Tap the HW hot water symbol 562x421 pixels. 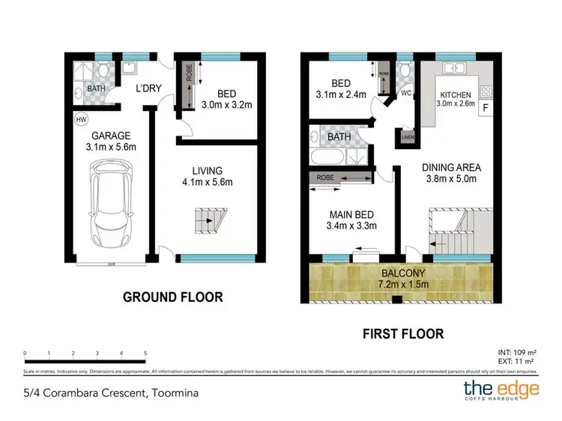coord(80,119)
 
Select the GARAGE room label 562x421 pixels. coord(112,136)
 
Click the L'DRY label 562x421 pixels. coord(148,88)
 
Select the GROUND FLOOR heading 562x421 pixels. coord(172,297)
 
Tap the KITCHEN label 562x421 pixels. coord(455,95)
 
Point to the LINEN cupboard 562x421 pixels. coord(408,137)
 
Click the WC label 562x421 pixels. coord(405,94)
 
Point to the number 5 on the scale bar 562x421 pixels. coord(145,352)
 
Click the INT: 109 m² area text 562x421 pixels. coord(516,351)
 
